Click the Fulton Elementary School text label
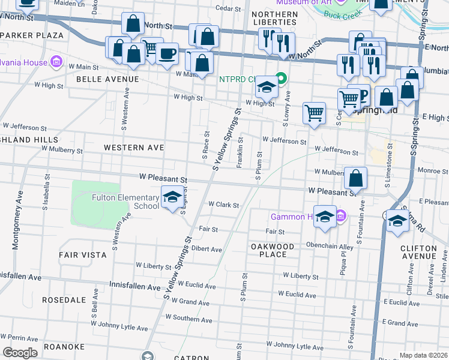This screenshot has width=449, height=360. tap(125, 202)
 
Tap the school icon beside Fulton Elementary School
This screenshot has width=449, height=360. tap(172, 197)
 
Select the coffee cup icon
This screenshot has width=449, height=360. tap(167, 54)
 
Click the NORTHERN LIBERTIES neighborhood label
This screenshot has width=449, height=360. tap(274, 17)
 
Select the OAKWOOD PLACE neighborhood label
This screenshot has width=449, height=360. tap(273, 250)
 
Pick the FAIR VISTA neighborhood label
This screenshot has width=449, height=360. tap(82, 255)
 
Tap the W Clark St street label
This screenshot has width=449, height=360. tap(223, 205)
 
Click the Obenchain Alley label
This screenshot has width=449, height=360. tap(330, 247)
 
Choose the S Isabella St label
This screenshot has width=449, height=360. tap(46, 191)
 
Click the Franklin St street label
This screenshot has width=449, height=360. tap(240, 152)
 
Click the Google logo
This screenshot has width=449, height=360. tap(20, 352)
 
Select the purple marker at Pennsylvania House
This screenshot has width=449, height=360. tap(56, 61)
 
